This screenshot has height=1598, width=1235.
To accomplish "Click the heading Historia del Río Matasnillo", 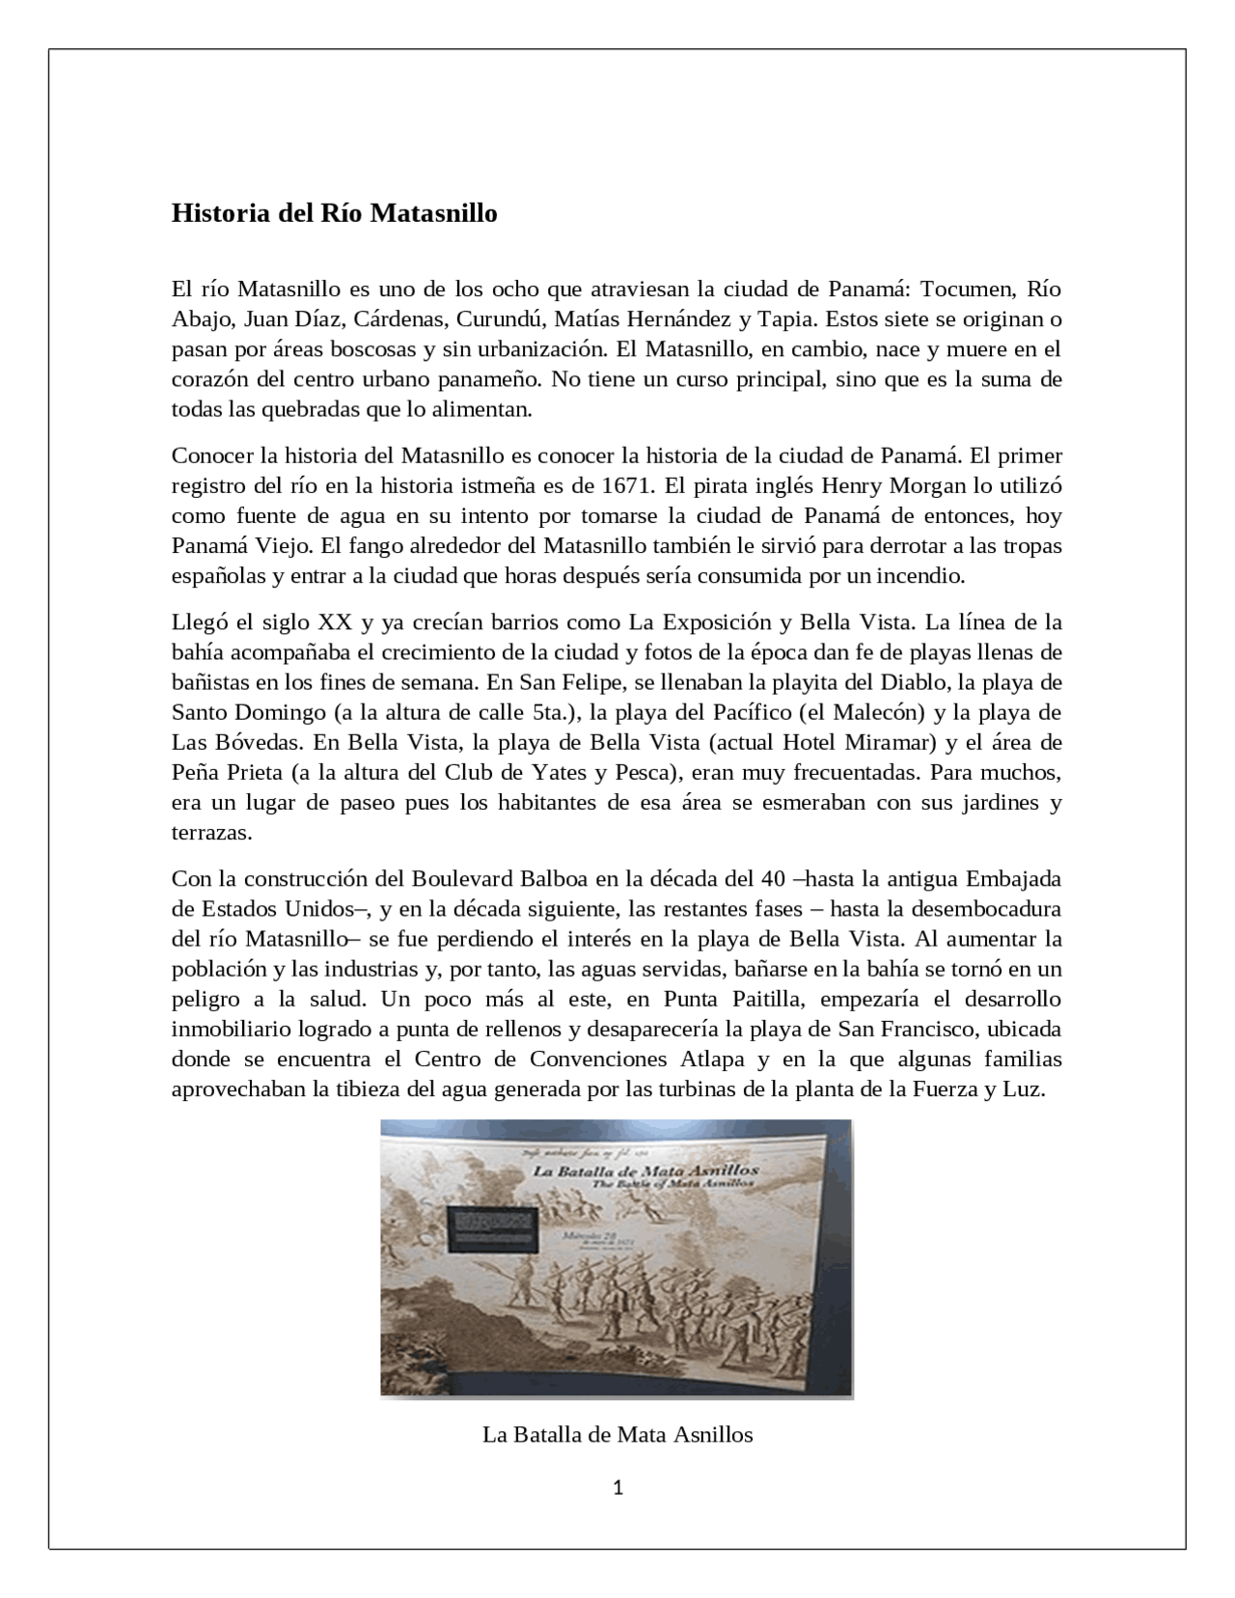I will [334, 213].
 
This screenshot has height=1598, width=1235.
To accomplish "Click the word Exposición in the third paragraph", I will [710, 621].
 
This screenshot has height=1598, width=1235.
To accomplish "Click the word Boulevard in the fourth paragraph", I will [465, 878].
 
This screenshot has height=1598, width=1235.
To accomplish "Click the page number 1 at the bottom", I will [617, 1488].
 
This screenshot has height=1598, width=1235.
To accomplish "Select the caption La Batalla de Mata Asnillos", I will [617, 1435].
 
